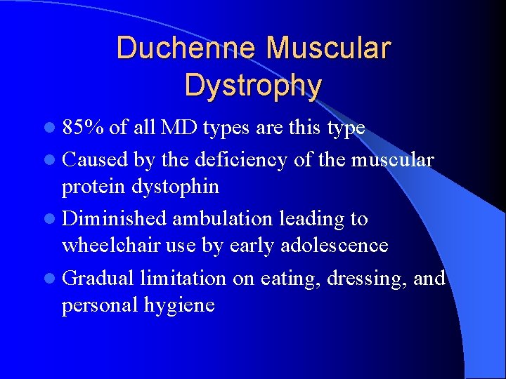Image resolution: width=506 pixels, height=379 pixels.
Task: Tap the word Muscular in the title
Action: coord(327,48)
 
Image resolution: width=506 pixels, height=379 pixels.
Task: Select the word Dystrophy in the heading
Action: coord(253,85)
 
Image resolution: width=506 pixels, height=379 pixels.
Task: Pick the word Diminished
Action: coord(114,219)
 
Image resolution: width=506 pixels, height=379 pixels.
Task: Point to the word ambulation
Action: coord(222,219)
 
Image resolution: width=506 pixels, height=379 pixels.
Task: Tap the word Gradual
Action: coord(98,278)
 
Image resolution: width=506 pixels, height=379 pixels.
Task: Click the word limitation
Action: coord(183,278)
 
